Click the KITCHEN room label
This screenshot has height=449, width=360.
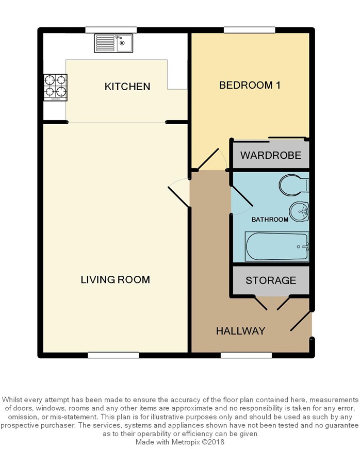coord(127,87)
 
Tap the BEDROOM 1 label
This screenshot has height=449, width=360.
coord(250,85)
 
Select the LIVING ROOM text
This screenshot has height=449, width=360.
coord(115,279)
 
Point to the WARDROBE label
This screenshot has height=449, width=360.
coord(271,155)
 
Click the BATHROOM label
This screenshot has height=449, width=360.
coord(270,220)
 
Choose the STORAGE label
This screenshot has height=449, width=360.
coord(271,280)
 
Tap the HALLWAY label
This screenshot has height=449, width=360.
coord(240,331)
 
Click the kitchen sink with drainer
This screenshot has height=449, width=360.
coord(113,43)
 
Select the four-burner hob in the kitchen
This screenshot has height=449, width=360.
coord(55,87)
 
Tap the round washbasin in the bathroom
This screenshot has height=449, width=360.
coord(299,212)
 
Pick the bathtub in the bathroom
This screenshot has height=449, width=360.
coord(276,246)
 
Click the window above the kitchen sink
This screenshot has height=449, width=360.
coord(111,30)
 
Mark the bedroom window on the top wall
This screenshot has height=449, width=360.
coord(250,30)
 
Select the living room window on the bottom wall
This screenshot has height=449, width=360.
coord(113,355)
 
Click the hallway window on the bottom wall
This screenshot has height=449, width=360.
coord(247,355)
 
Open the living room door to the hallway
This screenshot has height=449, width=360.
coord(178,197)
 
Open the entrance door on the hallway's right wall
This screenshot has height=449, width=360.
coord(300,321)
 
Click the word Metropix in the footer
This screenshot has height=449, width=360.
coord(186,442)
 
